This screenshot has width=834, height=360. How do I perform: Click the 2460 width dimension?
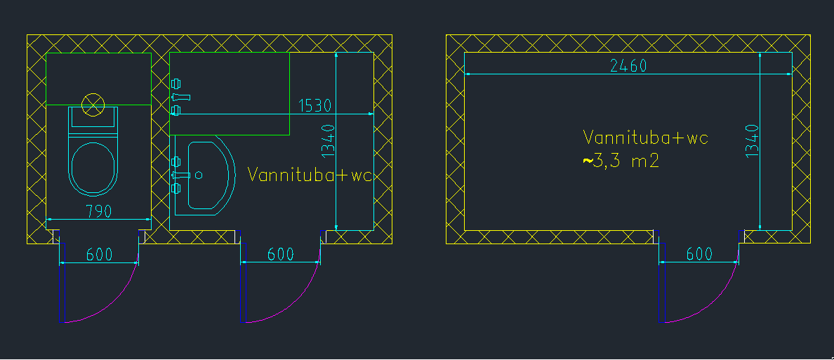[628, 66]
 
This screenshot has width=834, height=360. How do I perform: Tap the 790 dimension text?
[98, 211]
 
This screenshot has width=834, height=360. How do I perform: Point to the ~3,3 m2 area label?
[621, 161]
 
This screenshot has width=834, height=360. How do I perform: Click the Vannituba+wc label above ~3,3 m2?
[646, 138]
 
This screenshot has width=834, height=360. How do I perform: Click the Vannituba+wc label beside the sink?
[309, 175]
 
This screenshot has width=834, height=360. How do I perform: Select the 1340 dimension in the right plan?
[752, 140]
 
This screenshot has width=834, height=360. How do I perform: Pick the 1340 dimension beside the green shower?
[329, 140]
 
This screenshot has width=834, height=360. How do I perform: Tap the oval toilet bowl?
[93, 168]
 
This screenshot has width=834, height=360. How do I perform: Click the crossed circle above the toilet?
[93, 105]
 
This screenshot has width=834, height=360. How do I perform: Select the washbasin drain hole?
[199, 174]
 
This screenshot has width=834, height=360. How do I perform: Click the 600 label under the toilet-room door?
[99, 255]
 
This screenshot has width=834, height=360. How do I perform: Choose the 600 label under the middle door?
[281, 255]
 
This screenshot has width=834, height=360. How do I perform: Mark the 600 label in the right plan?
[699, 254]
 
